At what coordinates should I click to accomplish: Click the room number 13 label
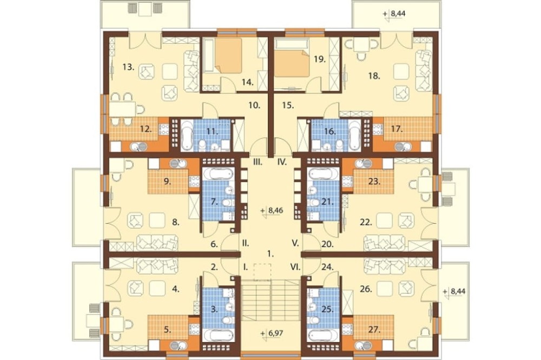pos(128,67)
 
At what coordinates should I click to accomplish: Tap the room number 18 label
pos(374,76)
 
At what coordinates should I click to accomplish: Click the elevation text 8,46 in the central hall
pos(273,210)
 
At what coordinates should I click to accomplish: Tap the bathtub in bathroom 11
pos(187,135)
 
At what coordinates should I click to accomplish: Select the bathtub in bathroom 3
pos(217,336)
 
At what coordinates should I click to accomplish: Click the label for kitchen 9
pos(167,182)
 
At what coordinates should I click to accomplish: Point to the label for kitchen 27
pos(374,330)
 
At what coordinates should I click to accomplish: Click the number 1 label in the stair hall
pos(270,254)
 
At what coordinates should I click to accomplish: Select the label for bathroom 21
pos(327,202)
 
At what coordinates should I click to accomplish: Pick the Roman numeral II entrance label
pos(245,243)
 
